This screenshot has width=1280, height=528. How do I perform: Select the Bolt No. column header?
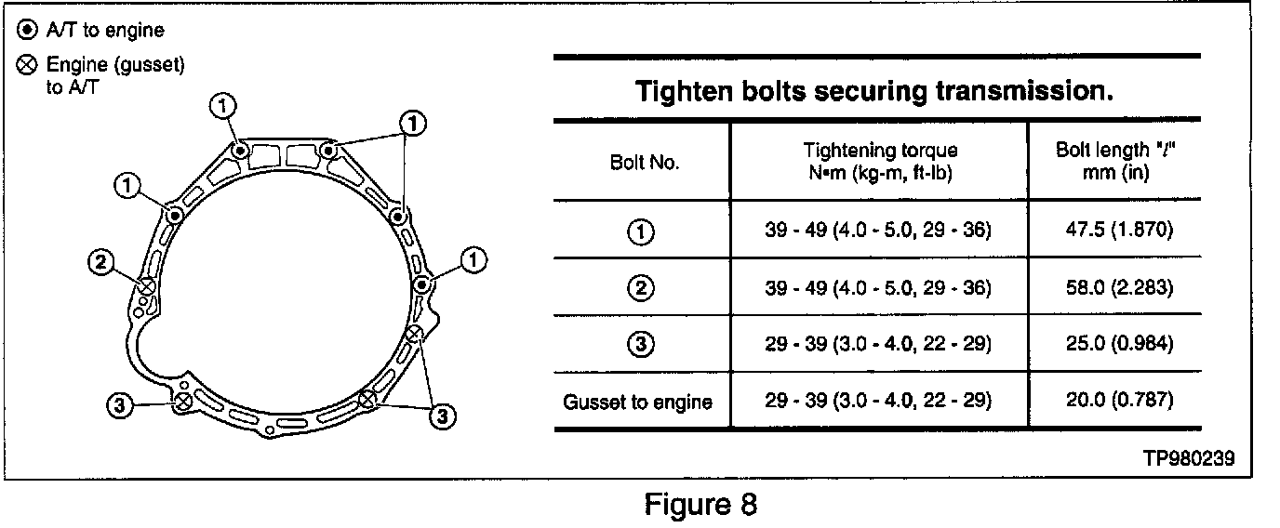tap(644, 162)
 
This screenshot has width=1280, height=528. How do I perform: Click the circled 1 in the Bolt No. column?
tap(643, 232)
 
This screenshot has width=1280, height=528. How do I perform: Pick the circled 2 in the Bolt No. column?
tap(643, 288)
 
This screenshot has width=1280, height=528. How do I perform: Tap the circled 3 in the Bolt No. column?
tap(643, 344)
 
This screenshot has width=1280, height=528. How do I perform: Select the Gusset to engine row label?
tap(638, 402)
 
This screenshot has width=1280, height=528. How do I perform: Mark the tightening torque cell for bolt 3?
tap(878, 344)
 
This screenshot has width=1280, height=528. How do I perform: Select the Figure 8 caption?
tap(701, 505)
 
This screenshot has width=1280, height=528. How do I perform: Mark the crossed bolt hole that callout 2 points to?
tap(146, 285)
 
